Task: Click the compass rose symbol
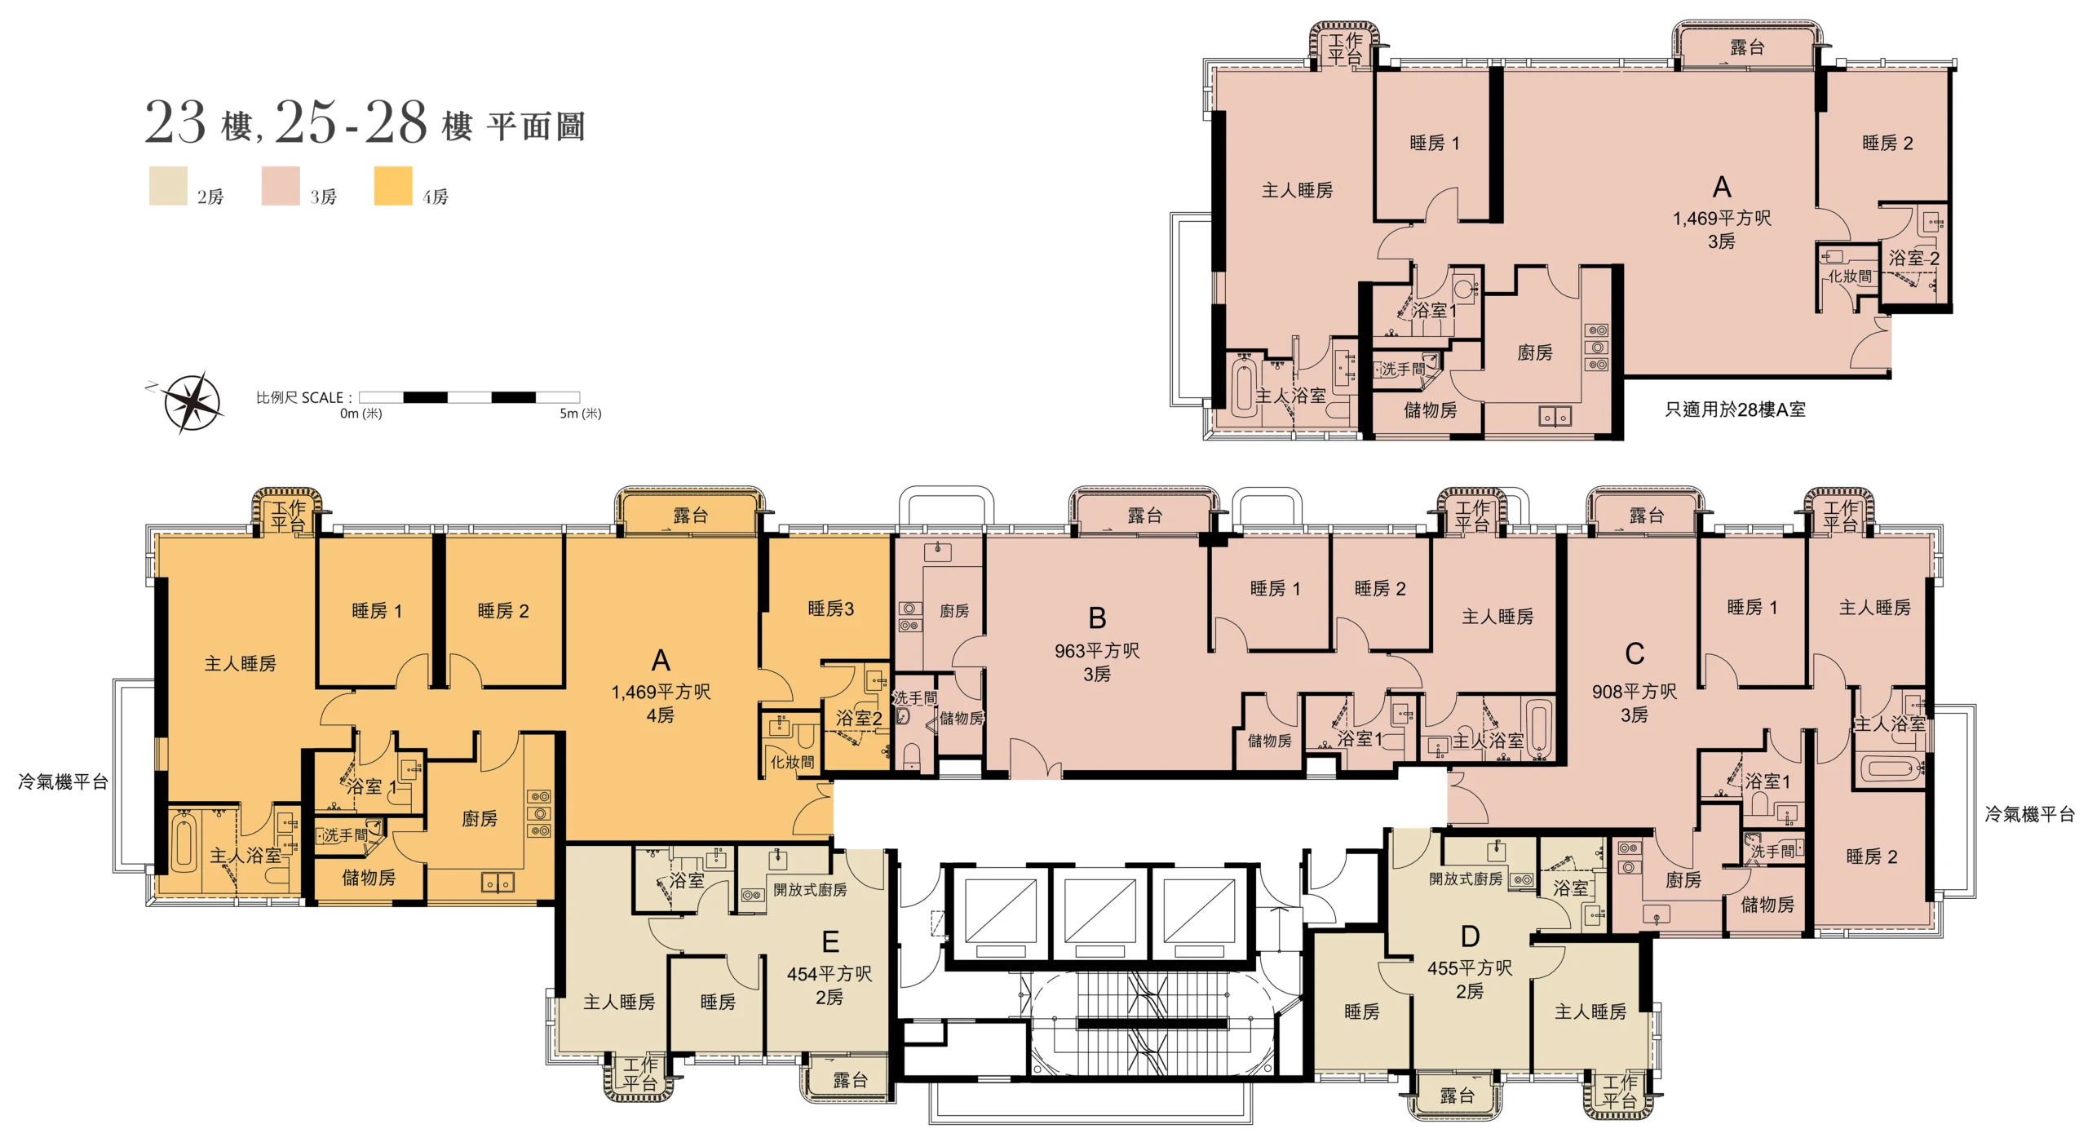192,403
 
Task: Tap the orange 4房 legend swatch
393,186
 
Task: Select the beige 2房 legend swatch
168,186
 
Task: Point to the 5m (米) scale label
580,414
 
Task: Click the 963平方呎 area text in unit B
1097,651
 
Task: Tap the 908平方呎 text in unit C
1635,692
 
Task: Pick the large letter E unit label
830,943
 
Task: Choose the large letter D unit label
1471,937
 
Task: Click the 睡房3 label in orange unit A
831,609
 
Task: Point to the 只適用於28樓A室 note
1735,409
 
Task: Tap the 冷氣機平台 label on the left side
64,782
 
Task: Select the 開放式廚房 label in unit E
810,890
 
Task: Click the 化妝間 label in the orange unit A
793,762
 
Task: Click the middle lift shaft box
1100,915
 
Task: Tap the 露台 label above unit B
1145,516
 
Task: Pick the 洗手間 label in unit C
1773,851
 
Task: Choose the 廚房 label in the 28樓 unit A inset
1535,352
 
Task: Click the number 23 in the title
175,123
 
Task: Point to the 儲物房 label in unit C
1767,905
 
